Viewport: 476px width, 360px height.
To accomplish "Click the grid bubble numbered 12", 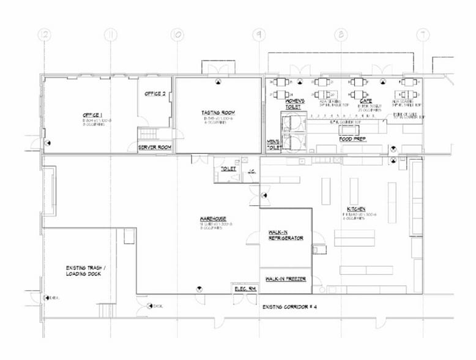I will [x=43, y=35].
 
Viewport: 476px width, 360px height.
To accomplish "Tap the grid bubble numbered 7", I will [x=422, y=35].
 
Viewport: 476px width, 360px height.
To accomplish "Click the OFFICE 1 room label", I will [x=92, y=115].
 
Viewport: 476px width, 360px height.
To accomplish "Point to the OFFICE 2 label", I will [x=155, y=94].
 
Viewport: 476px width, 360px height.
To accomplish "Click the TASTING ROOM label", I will [x=218, y=113].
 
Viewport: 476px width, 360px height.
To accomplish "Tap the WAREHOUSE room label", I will [x=213, y=219].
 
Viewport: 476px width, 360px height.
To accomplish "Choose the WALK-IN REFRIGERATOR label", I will [x=286, y=235].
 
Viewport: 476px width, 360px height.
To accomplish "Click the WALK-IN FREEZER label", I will [x=286, y=279].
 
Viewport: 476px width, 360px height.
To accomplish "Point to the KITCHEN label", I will [x=356, y=209].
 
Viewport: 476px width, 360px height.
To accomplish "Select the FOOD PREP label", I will [x=352, y=139].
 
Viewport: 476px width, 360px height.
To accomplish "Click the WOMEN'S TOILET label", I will [x=292, y=103].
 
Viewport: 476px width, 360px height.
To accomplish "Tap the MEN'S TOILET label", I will [x=273, y=144].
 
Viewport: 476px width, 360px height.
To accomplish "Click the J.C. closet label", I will [x=251, y=173].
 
